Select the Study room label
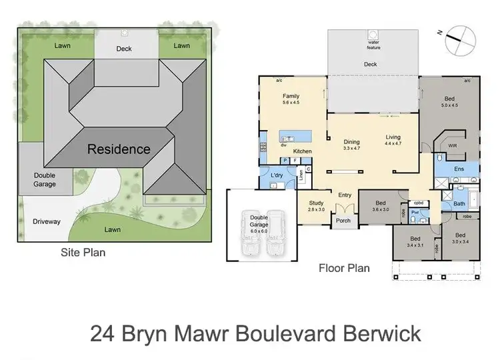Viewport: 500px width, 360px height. [x=315, y=203]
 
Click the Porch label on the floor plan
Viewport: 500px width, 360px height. [x=343, y=221]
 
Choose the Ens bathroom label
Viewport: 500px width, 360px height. [x=459, y=169]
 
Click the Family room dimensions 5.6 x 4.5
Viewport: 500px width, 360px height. [x=291, y=103]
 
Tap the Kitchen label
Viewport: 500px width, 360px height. [x=303, y=152]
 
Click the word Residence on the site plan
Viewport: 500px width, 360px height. [x=119, y=149]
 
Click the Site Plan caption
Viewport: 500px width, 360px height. [x=83, y=253]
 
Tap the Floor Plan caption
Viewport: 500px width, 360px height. [x=345, y=268]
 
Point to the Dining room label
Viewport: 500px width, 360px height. [x=351, y=141]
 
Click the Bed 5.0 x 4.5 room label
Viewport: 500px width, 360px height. [x=450, y=101]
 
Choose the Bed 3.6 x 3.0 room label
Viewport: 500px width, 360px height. [x=380, y=206]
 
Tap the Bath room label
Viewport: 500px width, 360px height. [x=459, y=203]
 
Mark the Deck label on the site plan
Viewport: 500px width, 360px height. [x=124, y=48]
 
